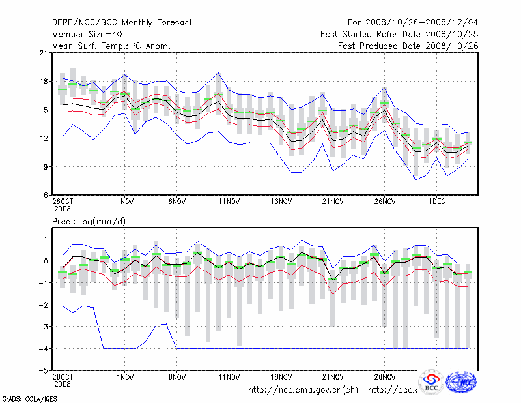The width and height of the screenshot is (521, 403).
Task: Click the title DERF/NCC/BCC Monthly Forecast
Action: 122,23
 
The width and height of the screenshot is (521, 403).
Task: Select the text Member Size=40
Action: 87,35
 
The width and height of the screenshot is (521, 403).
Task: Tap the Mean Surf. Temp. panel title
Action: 111,46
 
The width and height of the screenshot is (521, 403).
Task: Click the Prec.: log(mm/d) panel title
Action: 89,222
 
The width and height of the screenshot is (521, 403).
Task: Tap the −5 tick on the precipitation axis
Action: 44,370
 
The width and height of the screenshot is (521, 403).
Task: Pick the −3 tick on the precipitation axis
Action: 44,327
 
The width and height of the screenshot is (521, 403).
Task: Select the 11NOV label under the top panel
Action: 229,202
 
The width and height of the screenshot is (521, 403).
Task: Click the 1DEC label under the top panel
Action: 436,202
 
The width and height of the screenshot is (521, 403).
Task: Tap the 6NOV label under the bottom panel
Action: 177,377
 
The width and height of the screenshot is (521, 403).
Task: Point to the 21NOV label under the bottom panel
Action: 333,377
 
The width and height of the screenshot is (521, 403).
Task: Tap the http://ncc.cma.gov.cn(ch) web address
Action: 303,390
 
